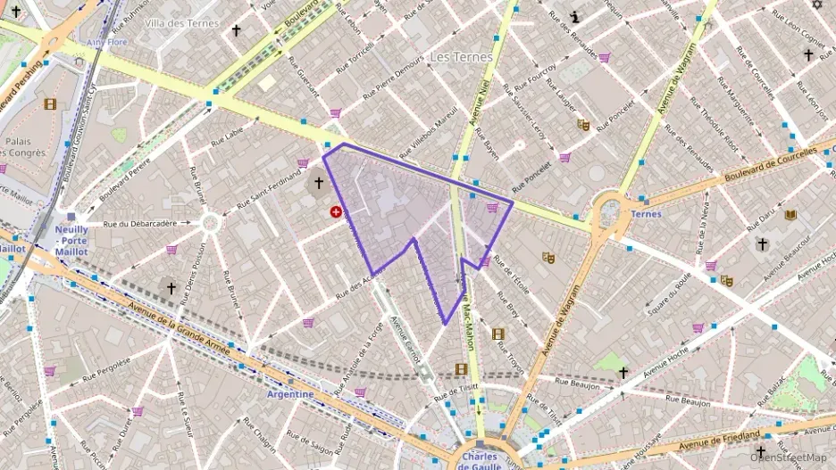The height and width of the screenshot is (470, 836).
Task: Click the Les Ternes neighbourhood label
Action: coord(461,56)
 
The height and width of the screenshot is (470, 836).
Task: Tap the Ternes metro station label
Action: coord(646,214)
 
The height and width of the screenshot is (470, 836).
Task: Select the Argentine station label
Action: coord(290,393)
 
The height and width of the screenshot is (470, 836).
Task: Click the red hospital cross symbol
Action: coord(336,212)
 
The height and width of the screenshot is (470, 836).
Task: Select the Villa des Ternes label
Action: coord(181,23)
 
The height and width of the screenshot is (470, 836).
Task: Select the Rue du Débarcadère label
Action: coord(140,224)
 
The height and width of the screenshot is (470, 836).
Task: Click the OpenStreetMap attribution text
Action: coord(789,458)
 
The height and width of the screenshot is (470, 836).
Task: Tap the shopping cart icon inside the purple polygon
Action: coord(492,207)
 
